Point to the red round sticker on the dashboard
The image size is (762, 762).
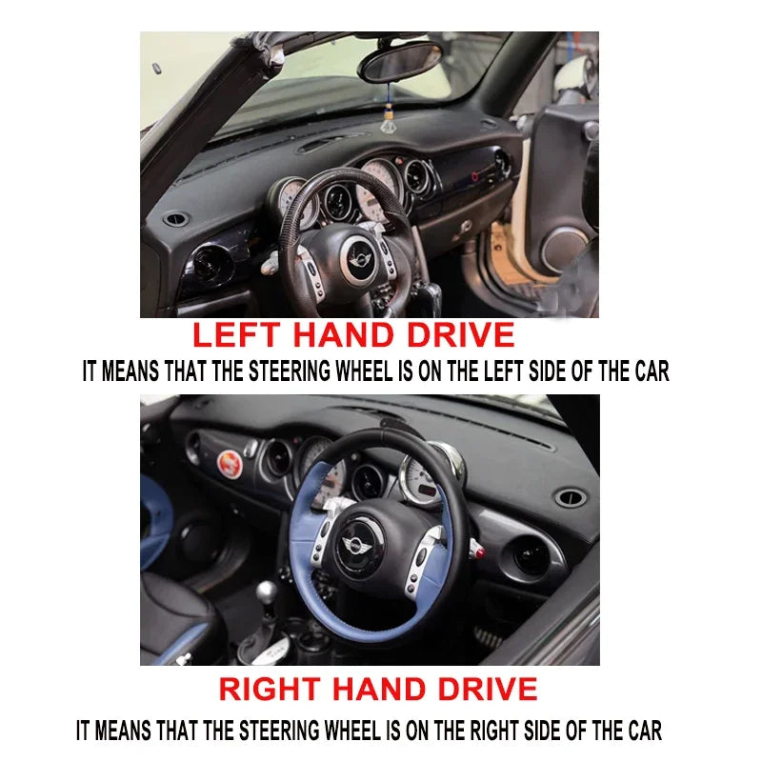coord(228,463)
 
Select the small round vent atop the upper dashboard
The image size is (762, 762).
coord(176,220)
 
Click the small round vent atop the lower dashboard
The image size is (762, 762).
coord(569,497)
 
